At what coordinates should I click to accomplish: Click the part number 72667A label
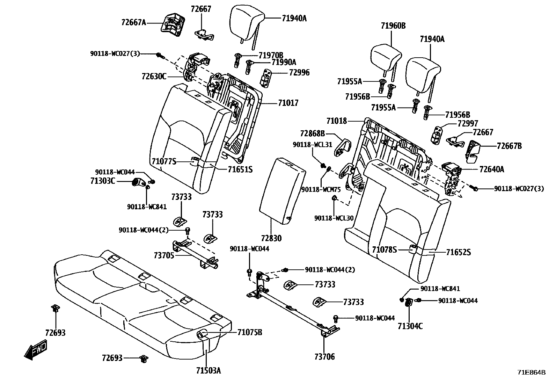click(133, 22)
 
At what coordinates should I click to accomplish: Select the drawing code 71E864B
click(531, 372)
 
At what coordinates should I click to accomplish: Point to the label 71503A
click(208, 370)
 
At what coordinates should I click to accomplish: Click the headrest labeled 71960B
click(385, 57)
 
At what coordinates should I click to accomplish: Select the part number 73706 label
click(324, 356)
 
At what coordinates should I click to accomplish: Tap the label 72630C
click(154, 76)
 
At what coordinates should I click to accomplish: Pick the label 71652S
click(459, 252)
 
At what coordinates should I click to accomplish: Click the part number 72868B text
click(312, 133)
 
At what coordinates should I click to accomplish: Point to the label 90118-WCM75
click(321, 189)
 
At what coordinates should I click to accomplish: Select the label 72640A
click(492, 169)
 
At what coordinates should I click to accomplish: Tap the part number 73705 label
click(164, 255)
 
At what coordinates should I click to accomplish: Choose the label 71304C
click(410, 326)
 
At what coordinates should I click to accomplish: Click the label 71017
click(288, 103)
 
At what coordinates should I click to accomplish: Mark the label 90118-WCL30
click(334, 218)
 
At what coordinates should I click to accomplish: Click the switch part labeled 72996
click(267, 77)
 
